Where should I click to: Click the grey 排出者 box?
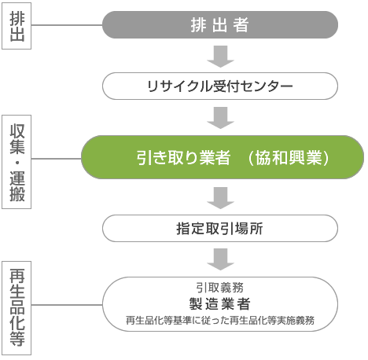tap(220, 25)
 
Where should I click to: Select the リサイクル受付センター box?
tap(220, 86)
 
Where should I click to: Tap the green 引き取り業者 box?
tap(223, 157)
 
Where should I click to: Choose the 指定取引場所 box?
tap(220, 229)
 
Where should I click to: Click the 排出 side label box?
tap(17, 26)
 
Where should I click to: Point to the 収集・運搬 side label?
tap(17, 162)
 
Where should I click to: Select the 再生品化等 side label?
tap(17, 308)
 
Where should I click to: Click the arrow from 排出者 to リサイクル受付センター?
tap(220, 57)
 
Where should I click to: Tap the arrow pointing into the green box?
tap(220, 118)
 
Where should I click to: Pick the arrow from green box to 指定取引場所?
tap(220, 198)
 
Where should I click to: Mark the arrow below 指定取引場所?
tap(220, 259)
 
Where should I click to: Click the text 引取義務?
tap(220, 288)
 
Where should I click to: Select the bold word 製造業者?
tap(219, 304)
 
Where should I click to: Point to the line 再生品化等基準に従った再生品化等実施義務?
tap(220, 320)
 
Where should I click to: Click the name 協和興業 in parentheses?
tap(289, 158)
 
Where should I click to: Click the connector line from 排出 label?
tap(67, 25)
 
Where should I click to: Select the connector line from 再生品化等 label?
tap(67, 305)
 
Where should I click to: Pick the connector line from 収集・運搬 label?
tap(57, 159)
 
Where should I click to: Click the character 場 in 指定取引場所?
tap(241, 229)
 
